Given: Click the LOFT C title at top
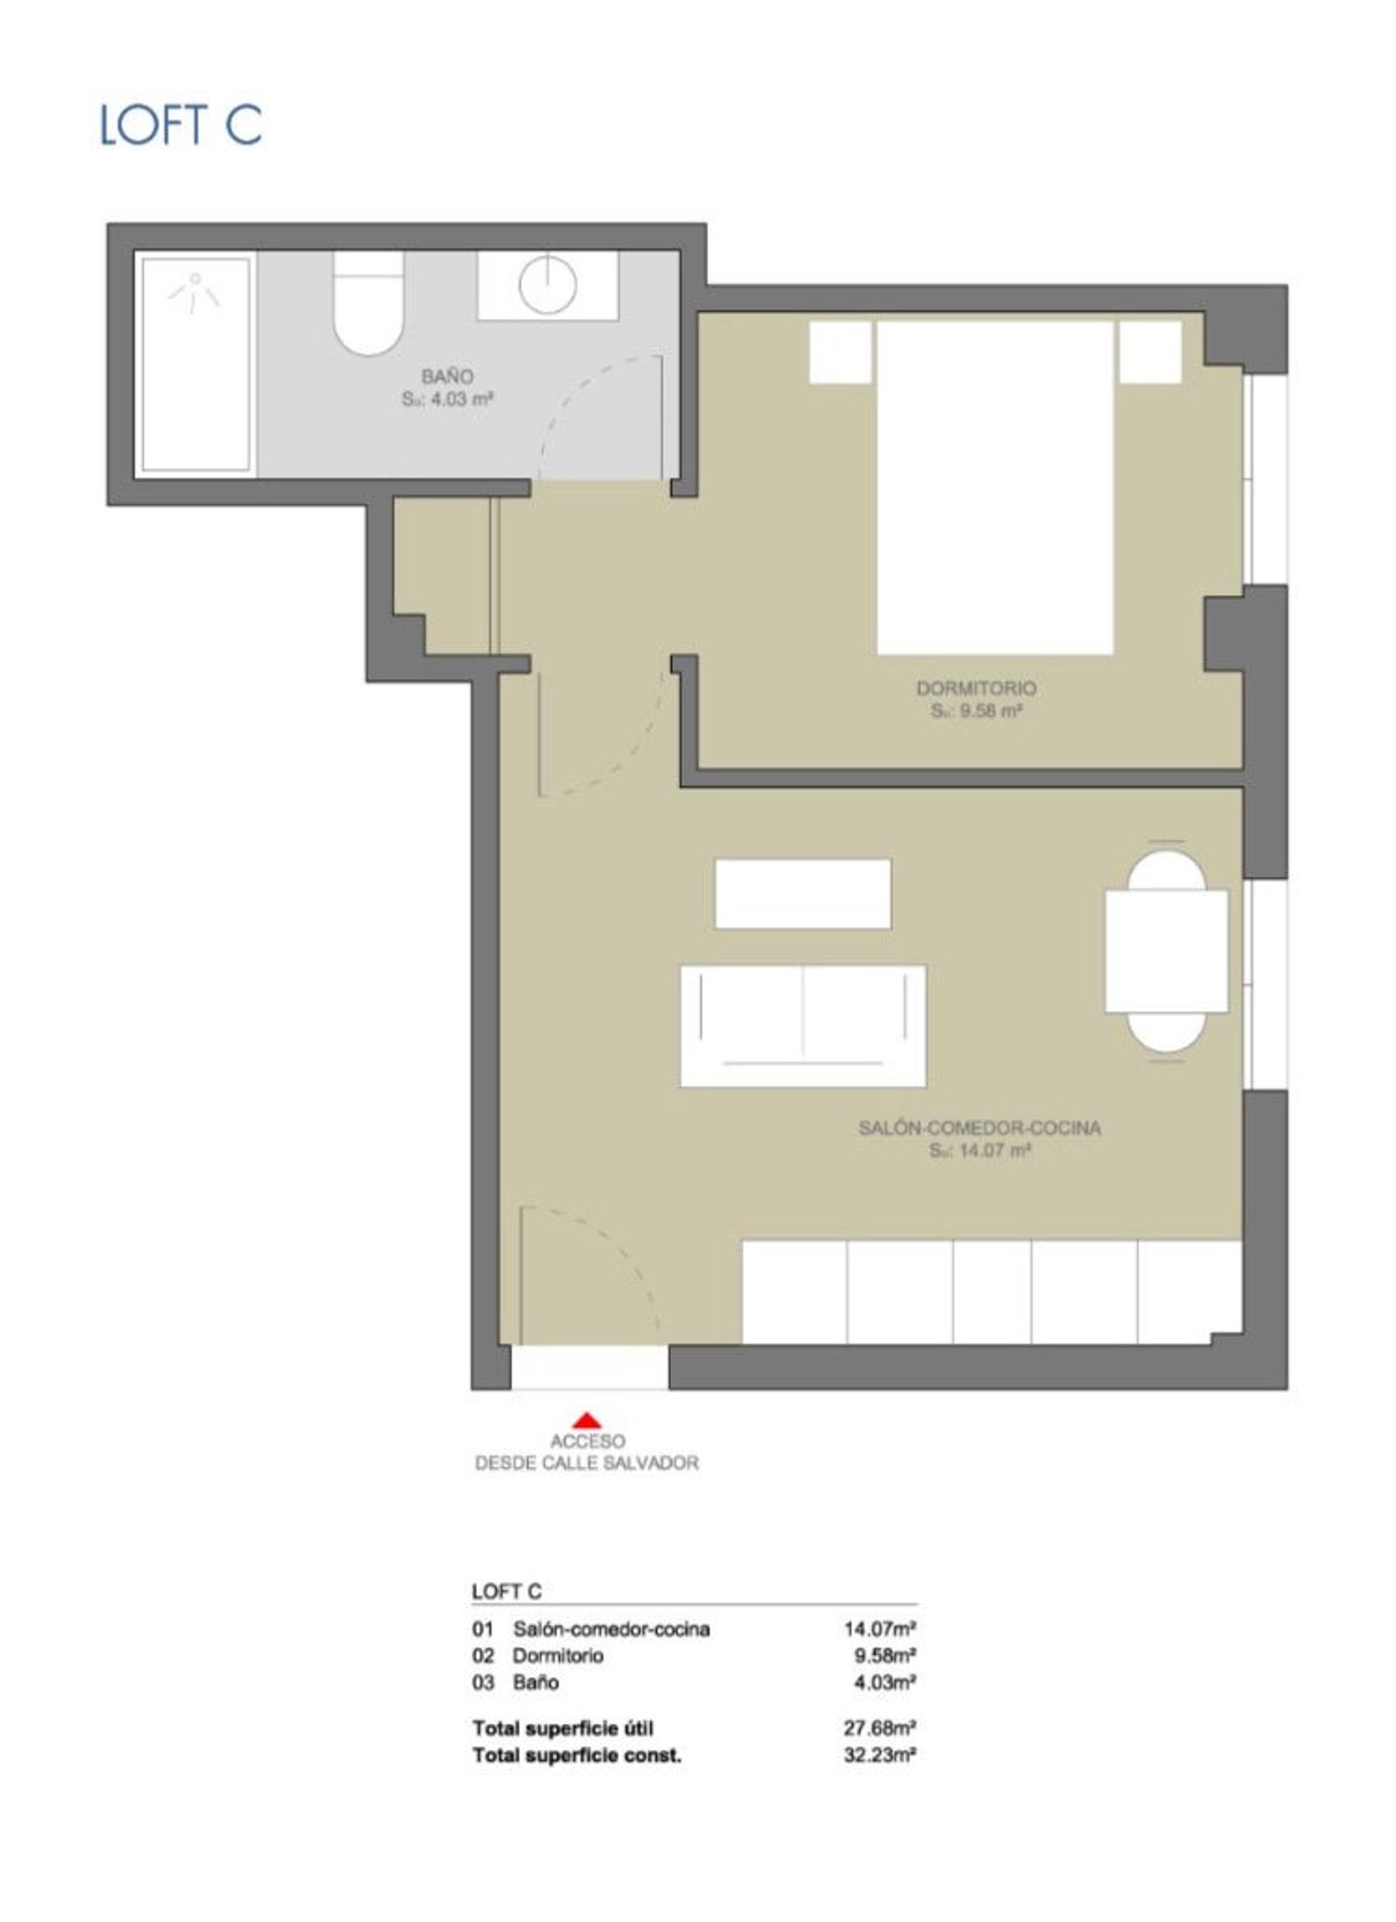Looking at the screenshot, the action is coord(181,125).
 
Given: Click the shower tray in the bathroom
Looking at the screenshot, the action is coord(195,365).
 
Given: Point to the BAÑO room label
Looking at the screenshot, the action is coord(447,377).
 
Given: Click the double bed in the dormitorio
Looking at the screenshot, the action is coord(996,487).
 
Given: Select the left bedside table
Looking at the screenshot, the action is coord(840,352).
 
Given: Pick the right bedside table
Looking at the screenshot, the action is coord(1150,352).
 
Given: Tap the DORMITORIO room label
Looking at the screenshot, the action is coord(976,688).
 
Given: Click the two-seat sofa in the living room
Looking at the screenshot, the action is coord(803,1026).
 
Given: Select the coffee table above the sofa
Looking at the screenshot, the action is coord(803,893).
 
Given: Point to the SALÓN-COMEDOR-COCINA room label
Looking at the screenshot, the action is coord(979,1128).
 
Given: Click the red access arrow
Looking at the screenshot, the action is coord(586,1420).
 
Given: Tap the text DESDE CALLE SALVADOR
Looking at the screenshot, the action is coord(586,1463).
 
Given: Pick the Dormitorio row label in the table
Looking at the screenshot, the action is coord(557,1655).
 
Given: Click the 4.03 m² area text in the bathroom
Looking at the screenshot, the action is coord(447,400).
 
